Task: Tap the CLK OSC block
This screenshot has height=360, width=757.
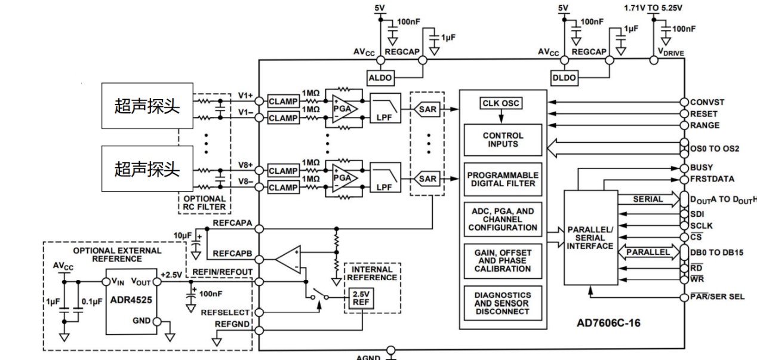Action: (501, 104)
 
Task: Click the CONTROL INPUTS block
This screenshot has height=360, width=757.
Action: (503, 140)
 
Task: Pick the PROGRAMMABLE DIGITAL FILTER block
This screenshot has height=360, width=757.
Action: (503, 180)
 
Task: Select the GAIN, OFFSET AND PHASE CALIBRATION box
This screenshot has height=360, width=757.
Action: (503, 261)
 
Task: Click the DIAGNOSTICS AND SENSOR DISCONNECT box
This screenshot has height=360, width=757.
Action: (503, 303)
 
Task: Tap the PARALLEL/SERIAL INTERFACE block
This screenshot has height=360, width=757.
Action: (590, 238)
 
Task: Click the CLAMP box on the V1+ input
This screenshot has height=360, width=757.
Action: (283, 101)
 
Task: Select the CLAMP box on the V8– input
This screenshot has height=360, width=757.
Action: (283, 187)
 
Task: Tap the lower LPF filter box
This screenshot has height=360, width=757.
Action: (383, 179)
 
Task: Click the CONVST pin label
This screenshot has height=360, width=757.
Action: (707, 102)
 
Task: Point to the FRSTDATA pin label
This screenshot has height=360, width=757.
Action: (712, 179)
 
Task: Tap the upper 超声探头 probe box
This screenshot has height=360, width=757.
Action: (147, 106)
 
